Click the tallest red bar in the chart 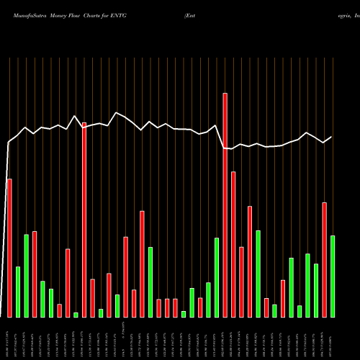(225, 205)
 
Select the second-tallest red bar (84, 220)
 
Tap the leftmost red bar (9, 248)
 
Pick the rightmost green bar (333, 276)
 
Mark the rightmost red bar (325, 260)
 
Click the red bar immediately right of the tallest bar (233, 244)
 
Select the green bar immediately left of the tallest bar (217, 277)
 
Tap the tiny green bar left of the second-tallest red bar (76, 315)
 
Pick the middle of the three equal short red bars (167, 308)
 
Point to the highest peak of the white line (117, 112)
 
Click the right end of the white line (332, 137)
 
